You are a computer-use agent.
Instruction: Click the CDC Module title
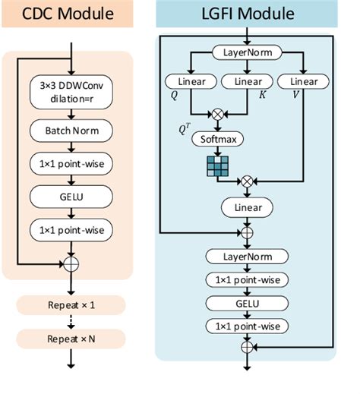coord(70,14)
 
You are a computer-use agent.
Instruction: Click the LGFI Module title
coord(246,14)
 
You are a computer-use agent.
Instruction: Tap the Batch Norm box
coord(71,132)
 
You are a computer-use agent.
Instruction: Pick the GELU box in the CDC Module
coord(71,197)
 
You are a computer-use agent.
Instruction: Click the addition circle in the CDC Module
coord(71,264)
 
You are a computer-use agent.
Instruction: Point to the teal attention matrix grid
coord(216,165)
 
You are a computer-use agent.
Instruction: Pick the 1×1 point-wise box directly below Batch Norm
coord(71,164)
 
